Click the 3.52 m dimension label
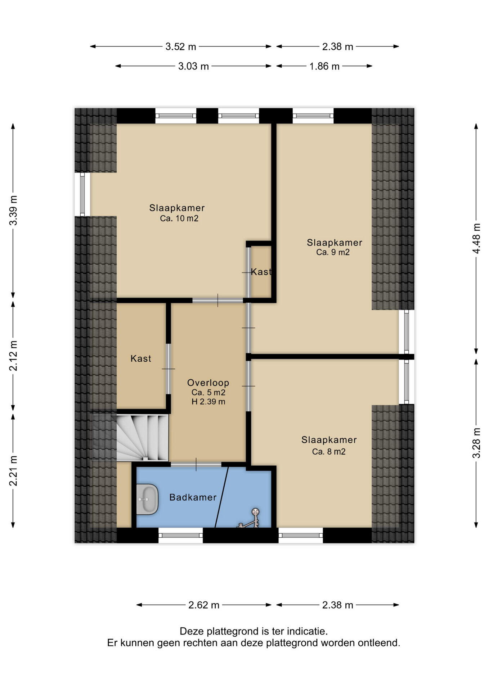181,46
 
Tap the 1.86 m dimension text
324,66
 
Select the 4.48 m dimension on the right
476,238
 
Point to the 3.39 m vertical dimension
13,210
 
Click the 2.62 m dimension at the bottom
204,605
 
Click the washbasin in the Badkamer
147,499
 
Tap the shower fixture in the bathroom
250,518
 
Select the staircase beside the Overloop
142,437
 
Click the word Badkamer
193,497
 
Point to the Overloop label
208,383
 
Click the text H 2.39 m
208,402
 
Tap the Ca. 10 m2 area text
179,218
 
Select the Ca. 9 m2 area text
333,252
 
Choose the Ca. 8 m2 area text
329,452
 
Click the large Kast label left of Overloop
141,358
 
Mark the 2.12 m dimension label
13,356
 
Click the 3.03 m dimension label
194,66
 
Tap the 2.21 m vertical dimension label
13,471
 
